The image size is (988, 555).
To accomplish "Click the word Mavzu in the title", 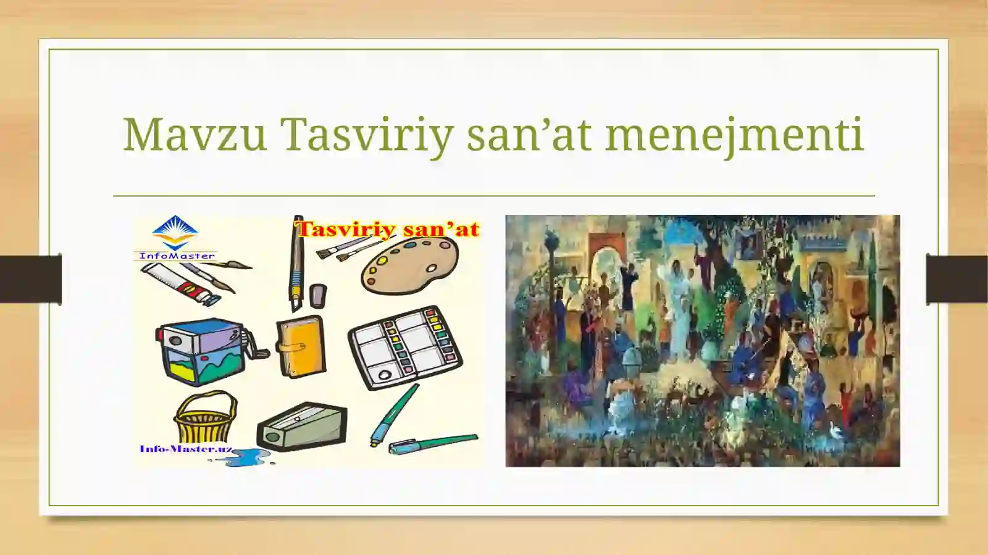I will point(195,135).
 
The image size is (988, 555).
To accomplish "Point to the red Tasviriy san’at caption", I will point(388,230).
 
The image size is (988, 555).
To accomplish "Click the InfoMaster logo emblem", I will point(175,233).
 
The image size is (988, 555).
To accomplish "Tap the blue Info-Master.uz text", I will point(186,449).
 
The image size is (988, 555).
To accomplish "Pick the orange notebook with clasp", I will point(301,346).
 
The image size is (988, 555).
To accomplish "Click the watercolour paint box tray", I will point(405,347).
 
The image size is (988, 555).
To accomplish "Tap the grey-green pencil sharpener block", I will point(302,426).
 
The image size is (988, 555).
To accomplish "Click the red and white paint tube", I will point(179,283).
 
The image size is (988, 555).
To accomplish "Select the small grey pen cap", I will point(317,296).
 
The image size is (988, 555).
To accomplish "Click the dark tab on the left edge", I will point(30,279).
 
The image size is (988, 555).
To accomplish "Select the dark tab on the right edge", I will point(957,279).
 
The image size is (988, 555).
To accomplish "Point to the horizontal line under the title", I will point(494,196).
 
